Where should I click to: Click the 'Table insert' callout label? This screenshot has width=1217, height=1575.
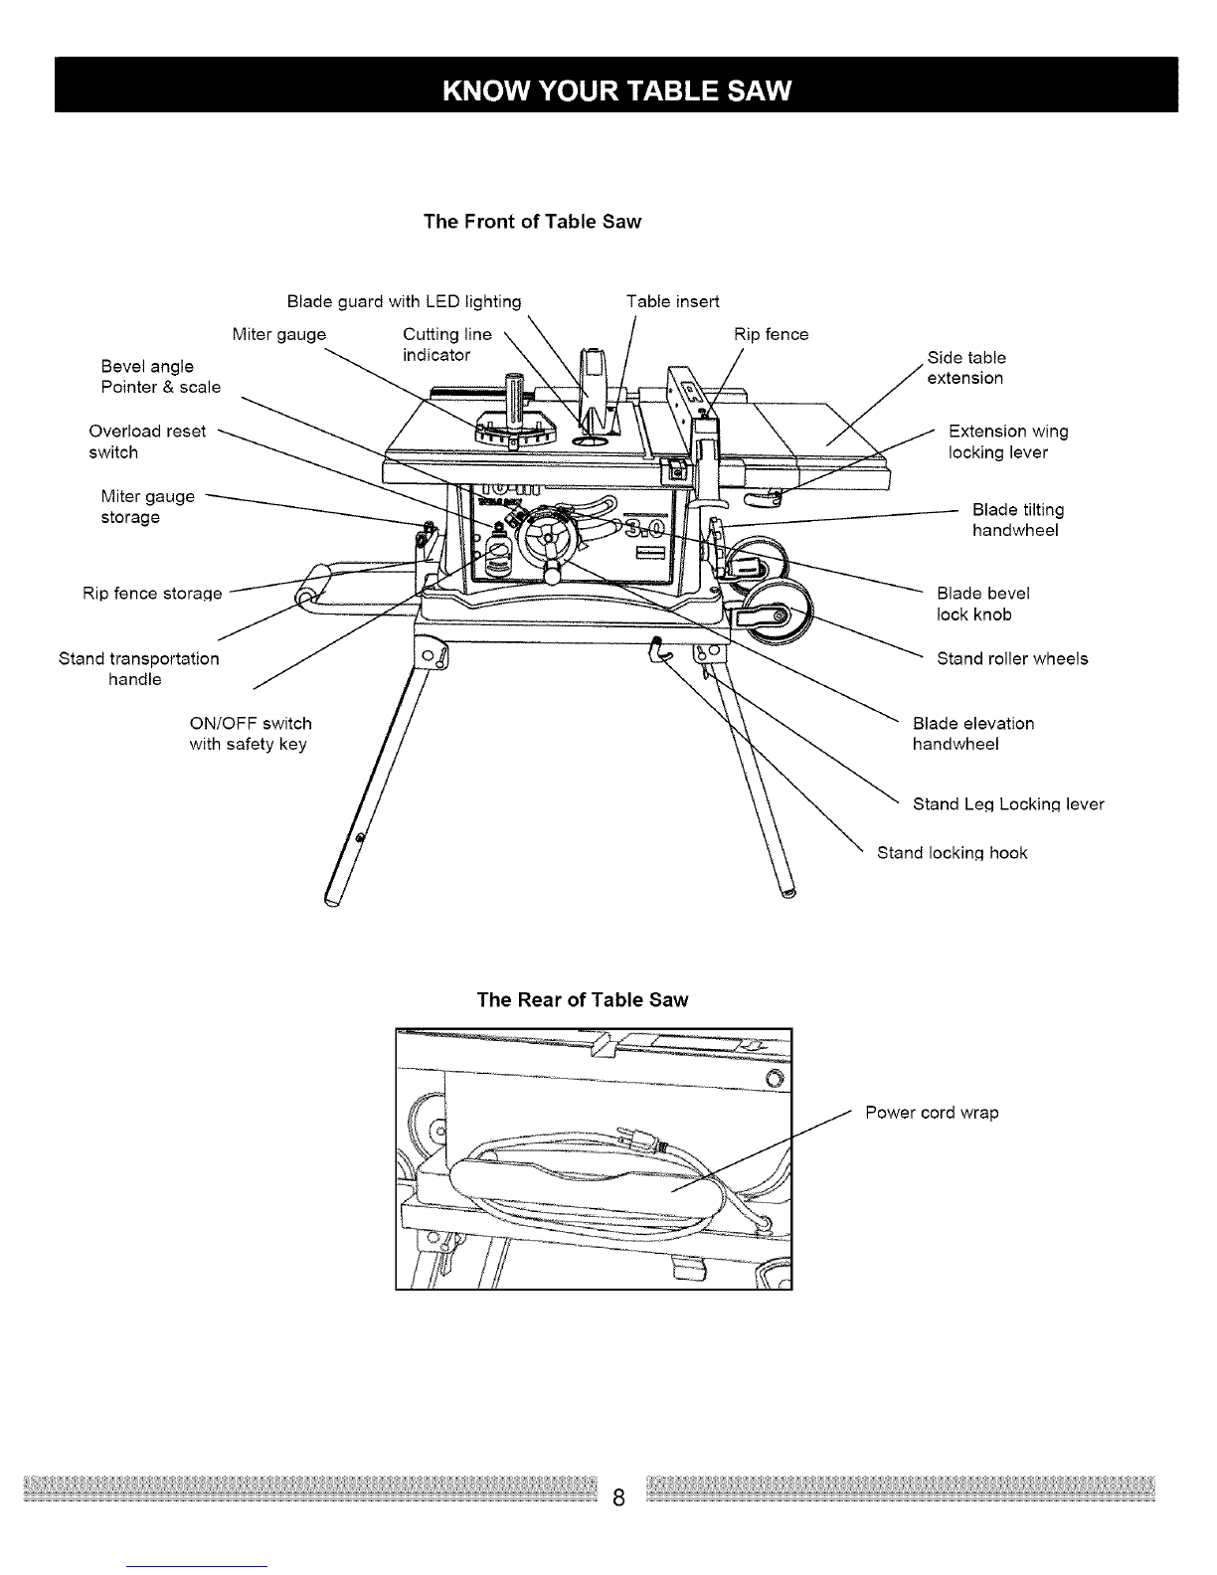point(672,301)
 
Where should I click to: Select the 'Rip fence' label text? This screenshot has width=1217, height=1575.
point(771,334)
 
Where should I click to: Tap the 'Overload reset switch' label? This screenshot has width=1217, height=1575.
point(147,441)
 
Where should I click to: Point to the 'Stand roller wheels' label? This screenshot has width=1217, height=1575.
point(1012,658)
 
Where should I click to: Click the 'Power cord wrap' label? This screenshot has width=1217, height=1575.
point(932,1113)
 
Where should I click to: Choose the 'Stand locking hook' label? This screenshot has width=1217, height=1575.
point(952,852)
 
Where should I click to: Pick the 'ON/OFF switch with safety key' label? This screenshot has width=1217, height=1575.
point(250,734)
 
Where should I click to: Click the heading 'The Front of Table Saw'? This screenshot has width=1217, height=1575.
point(532,221)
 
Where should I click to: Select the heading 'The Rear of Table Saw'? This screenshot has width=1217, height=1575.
point(582,999)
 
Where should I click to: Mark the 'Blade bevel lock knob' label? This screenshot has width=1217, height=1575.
point(982,604)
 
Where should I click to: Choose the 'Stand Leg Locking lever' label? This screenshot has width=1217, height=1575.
point(1007,803)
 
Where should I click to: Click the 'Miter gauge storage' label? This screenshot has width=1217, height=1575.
point(147,506)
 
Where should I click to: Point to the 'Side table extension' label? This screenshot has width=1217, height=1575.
point(965,368)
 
